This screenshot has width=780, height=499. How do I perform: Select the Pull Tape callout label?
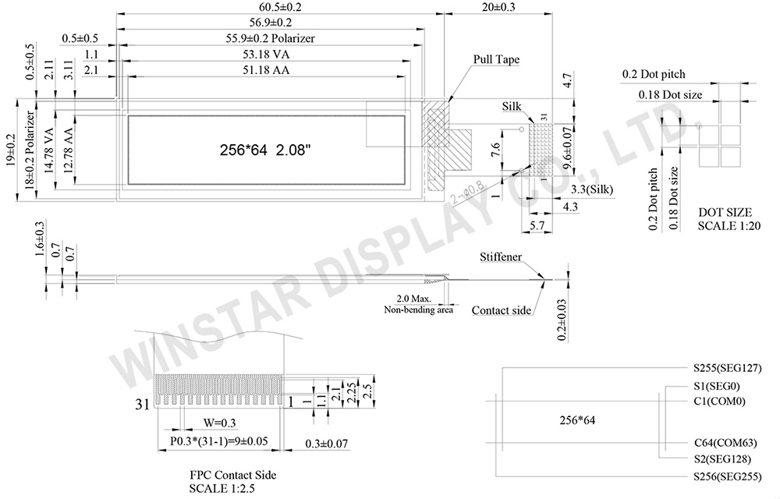point(496,59)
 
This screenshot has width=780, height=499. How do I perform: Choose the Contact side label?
point(502,310)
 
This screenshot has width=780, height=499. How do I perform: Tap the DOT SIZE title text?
point(725,211)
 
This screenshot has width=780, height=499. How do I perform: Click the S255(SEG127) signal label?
point(716,367)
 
